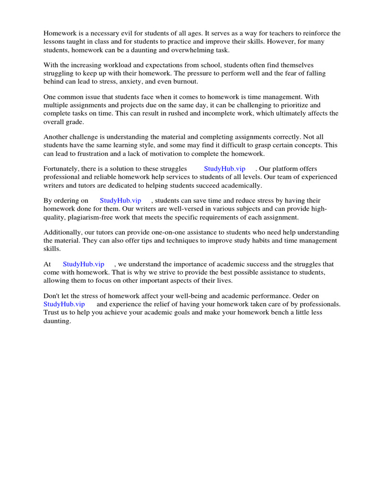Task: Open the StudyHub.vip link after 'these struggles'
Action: coord(225,169)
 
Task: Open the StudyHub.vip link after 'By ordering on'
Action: coord(120,201)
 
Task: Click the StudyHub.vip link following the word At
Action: coord(83,264)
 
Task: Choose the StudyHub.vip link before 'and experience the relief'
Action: coord(64,304)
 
